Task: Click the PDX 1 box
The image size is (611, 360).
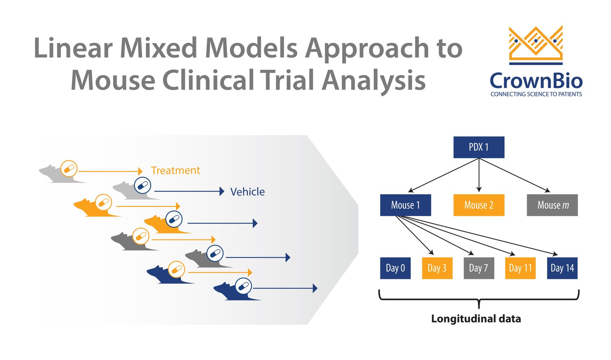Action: [479, 147]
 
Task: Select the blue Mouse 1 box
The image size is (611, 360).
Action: [405, 205]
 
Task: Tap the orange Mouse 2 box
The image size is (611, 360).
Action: [479, 205]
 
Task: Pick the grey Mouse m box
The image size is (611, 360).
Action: [552, 205]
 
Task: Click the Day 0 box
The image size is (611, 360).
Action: [395, 268]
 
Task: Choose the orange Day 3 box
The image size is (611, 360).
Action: [437, 268]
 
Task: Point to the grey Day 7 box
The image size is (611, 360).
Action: [479, 268]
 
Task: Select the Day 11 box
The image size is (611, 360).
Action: [520, 268]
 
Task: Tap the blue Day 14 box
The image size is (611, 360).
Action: [562, 268]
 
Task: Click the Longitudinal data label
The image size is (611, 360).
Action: [476, 318]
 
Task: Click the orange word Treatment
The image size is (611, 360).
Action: [175, 170]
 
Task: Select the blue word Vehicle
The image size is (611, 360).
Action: [247, 192]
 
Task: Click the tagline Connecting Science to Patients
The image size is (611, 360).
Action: [536, 94]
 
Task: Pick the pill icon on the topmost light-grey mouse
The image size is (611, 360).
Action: [69, 168]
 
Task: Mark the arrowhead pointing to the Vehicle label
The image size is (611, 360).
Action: [222, 191]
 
